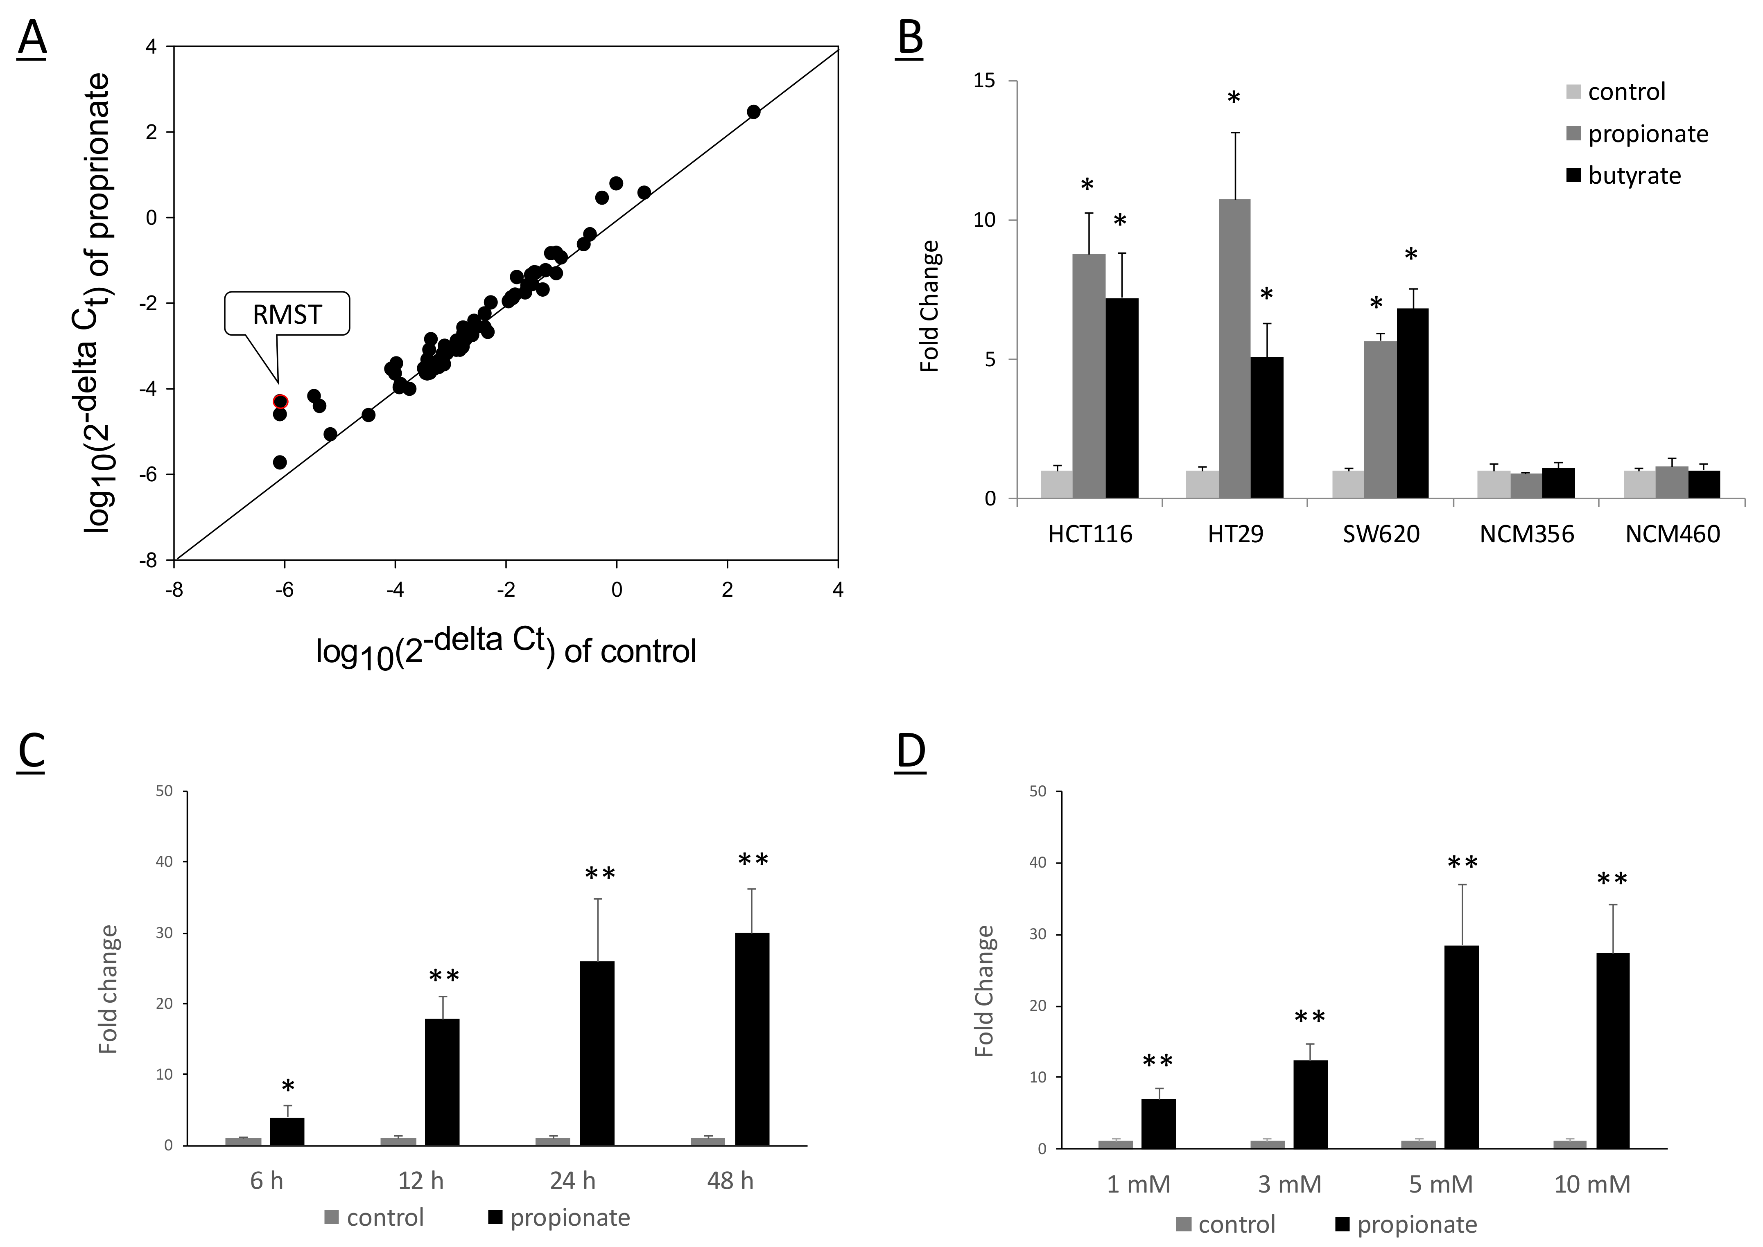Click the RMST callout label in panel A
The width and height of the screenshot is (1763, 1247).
pyautogui.click(x=287, y=314)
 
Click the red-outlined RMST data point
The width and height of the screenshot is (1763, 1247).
pyautogui.click(x=280, y=401)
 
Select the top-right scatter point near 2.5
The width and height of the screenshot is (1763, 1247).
pyautogui.click(x=754, y=112)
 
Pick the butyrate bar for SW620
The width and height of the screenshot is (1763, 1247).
pyautogui.click(x=1412, y=403)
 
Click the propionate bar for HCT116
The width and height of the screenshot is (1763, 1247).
pyautogui.click(x=1089, y=376)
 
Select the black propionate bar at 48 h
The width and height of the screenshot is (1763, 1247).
pyautogui.click(x=752, y=1039)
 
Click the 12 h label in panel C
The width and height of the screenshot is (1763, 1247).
pyautogui.click(x=421, y=1180)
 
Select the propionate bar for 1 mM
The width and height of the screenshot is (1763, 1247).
pyautogui.click(x=1158, y=1124)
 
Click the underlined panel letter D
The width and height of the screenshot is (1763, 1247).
pyautogui.click(x=911, y=753)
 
